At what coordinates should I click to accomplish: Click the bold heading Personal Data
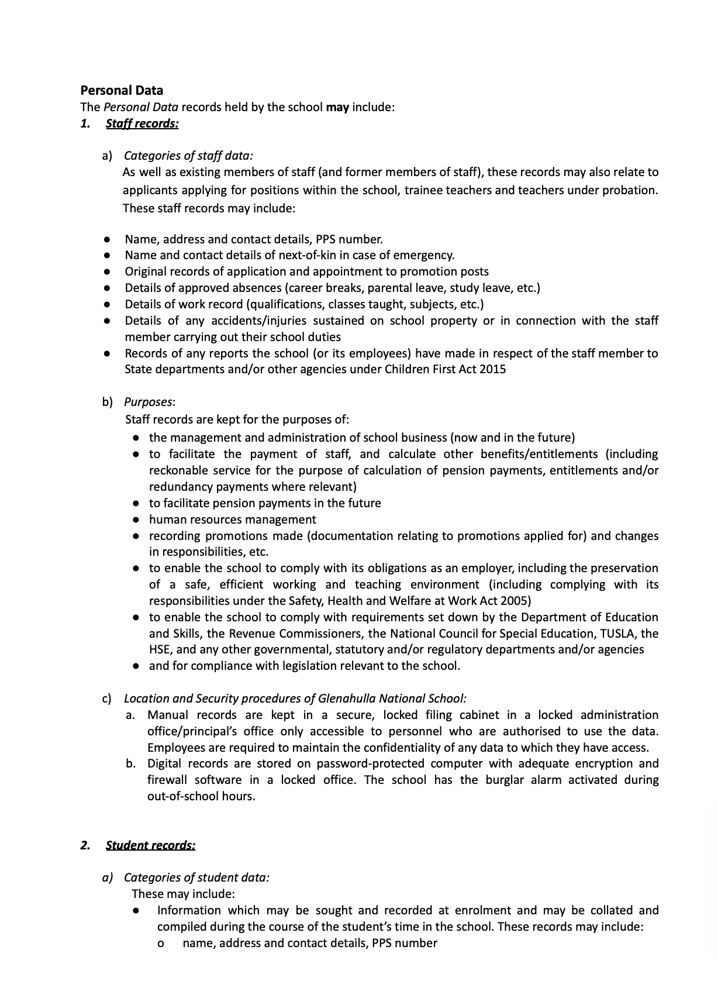122,90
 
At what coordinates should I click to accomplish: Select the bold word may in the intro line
337,107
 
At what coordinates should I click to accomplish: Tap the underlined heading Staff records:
142,123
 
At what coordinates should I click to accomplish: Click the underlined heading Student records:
150,845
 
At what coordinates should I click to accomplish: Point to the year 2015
492,369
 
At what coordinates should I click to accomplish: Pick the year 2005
516,601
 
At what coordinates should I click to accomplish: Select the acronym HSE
160,649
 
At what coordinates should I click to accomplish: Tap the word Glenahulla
347,698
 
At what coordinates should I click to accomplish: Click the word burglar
505,780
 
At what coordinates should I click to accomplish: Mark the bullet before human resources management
136,519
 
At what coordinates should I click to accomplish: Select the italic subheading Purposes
149,402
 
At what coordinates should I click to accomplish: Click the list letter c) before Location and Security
107,698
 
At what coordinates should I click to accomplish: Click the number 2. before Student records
85,845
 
